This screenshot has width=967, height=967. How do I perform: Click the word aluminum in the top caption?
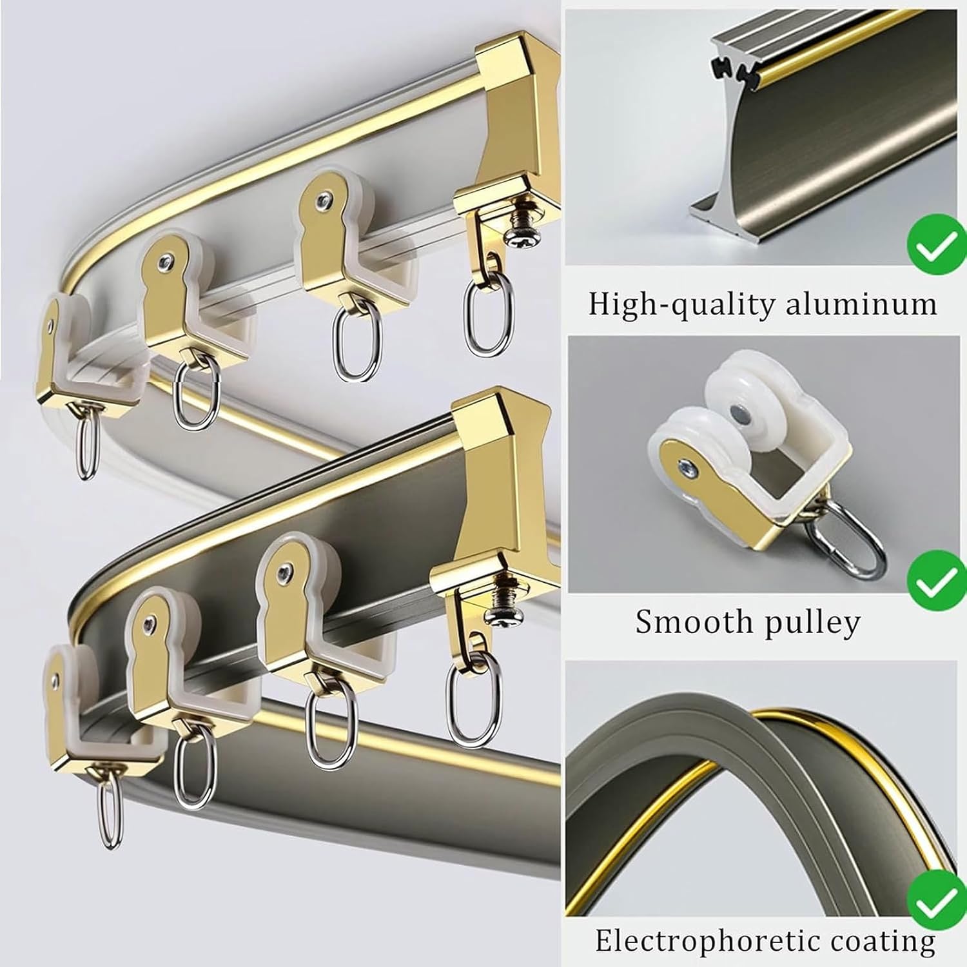pyautogui.click(x=861, y=304)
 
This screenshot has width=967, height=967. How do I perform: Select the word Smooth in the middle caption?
pyautogui.click(x=685, y=622)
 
